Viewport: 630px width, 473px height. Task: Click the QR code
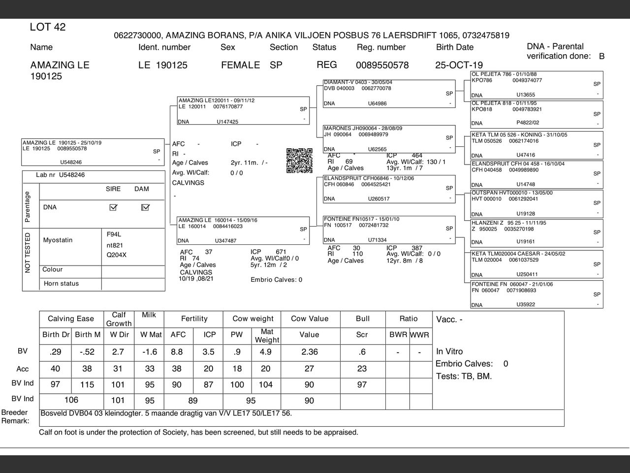point(299,161)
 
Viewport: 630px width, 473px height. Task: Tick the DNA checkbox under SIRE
point(113,207)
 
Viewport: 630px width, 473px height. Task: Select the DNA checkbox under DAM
point(145,207)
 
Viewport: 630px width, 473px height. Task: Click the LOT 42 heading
point(48,27)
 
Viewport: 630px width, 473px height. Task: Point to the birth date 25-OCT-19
point(459,65)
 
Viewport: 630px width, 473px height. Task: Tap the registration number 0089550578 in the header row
point(382,65)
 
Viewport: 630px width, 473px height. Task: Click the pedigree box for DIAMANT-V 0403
point(389,93)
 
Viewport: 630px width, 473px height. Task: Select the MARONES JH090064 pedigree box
point(389,139)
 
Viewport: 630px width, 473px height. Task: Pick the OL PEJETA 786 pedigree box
point(536,84)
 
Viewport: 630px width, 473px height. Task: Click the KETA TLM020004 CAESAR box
point(536,265)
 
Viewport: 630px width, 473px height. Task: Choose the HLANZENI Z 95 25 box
point(536,233)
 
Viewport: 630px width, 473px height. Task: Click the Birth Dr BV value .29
point(56,352)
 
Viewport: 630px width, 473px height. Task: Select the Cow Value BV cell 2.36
point(309,352)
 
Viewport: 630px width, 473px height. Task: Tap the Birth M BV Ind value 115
point(87,385)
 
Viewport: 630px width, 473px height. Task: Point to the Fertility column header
point(194,319)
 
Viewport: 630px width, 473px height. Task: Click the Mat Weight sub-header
point(267,336)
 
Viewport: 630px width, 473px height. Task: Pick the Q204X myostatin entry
point(117,255)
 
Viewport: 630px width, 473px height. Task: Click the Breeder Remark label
point(15,416)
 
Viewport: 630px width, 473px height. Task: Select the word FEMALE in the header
point(240,65)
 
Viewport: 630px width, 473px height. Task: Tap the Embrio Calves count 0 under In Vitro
point(505,364)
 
